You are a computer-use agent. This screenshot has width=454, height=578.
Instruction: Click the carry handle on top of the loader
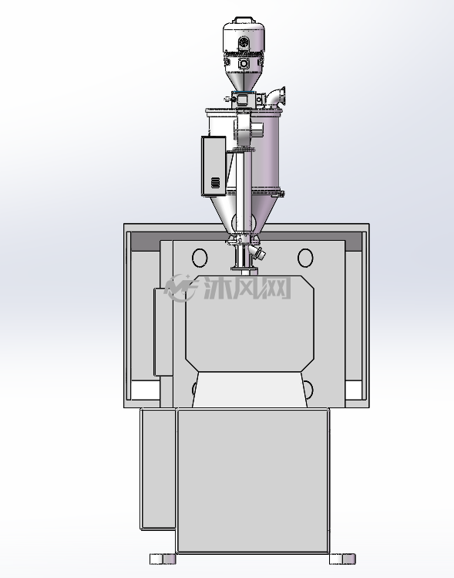click(x=244, y=19)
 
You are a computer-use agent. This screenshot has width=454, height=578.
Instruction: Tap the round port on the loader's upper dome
click(x=243, y=42)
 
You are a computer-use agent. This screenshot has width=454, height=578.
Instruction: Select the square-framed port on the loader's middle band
click(x=243, y=63)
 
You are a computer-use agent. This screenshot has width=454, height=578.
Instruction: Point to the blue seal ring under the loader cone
click(x=244, y=91)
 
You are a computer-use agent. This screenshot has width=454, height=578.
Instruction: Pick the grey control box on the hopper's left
click(x=214, y=165)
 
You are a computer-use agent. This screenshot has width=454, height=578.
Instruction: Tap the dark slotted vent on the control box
click(x=215, y=182)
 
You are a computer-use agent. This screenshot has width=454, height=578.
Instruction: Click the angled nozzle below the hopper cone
click(x=258, y=252)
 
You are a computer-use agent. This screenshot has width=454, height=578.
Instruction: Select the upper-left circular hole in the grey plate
click(x=200, y=258)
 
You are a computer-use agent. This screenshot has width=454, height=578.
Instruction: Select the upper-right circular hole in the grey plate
click(x=305, y=258)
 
